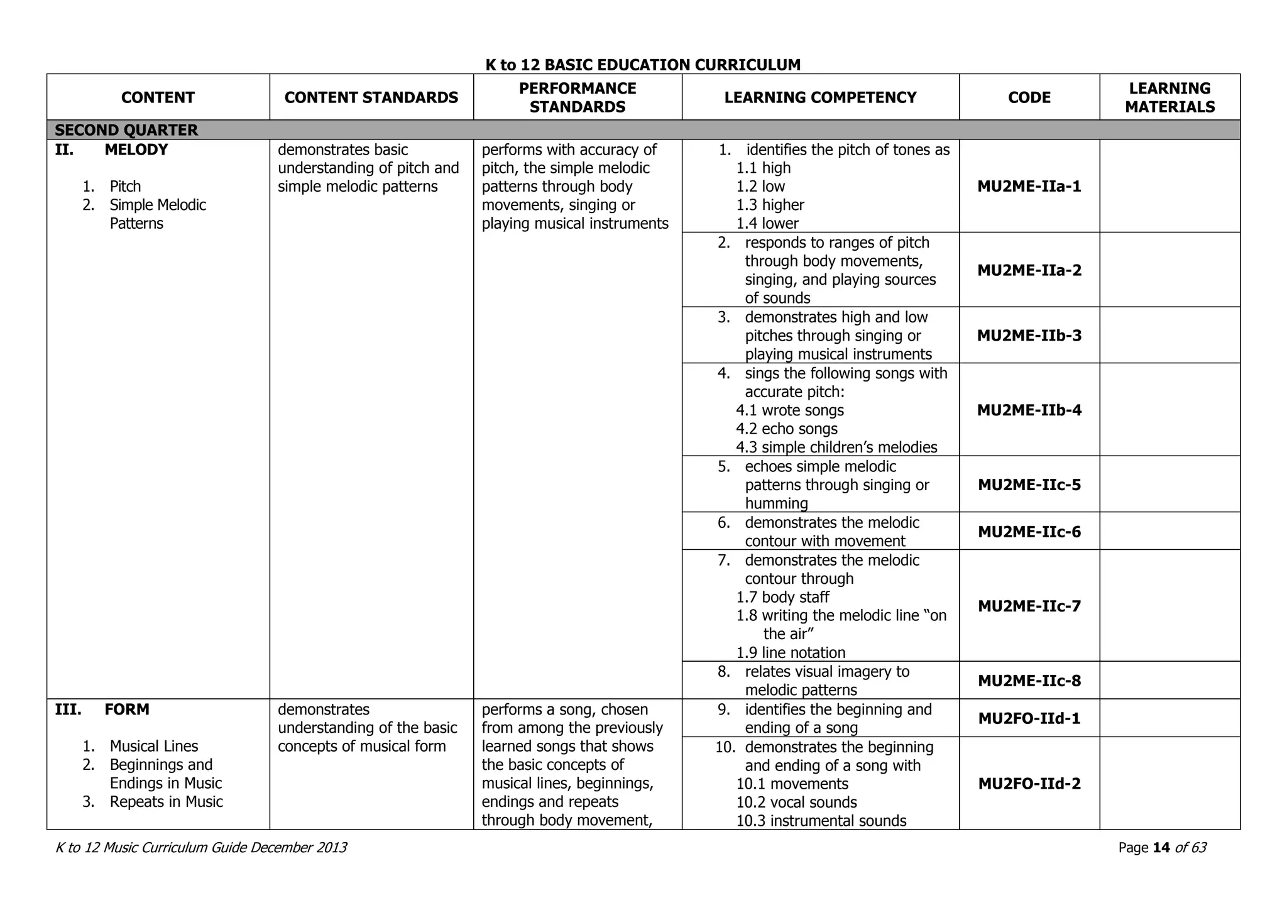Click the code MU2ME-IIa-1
1029,187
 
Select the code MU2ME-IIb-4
1029,410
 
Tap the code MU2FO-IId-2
1029,784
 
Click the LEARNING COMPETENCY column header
820,97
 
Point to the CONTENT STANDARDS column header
371,97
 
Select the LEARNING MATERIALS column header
1169,97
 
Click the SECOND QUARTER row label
126,130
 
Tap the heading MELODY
136,150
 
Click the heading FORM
126,710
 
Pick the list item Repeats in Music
166,802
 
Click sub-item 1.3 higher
770,205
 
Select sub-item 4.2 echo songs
787,429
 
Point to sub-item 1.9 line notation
791,652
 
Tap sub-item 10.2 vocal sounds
796,803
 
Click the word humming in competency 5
776,503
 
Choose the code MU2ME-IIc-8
1029,681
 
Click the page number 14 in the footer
1161,848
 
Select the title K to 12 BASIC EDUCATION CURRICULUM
643,65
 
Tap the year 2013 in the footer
331,848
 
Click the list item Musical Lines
153,746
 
